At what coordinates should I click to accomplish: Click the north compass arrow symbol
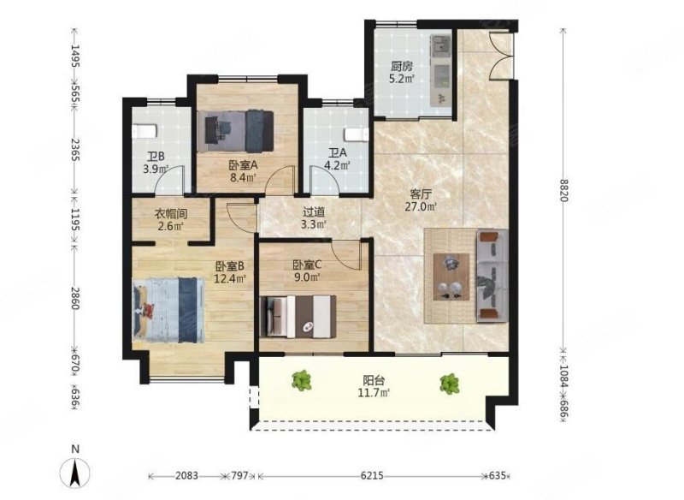point(75,473)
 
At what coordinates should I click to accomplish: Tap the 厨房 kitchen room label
point(401,67)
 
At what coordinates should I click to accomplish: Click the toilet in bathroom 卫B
point(144,131)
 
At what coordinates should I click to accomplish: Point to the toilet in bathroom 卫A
point(357,134)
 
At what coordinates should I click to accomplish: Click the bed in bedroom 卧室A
point(236,131)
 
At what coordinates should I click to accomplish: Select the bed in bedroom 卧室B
point(168,310)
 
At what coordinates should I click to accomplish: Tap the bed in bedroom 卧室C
point(298,317)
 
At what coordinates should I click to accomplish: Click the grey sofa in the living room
point(492,276)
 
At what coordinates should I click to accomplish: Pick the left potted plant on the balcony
point(302,380)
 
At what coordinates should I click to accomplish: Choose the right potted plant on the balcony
point(450,384)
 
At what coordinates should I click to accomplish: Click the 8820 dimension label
point(563,190)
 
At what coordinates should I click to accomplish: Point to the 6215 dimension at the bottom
point(371,475)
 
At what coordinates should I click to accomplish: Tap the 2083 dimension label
point(186,475)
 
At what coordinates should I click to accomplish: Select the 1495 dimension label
point(75,56)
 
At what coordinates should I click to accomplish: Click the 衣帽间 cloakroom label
point(171,213)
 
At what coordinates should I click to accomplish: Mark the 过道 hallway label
point(314,212)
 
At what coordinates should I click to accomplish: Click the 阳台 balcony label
point(374,381)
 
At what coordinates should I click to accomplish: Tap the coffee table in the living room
point(451,277)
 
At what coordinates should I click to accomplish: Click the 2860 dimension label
point(75,298)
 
